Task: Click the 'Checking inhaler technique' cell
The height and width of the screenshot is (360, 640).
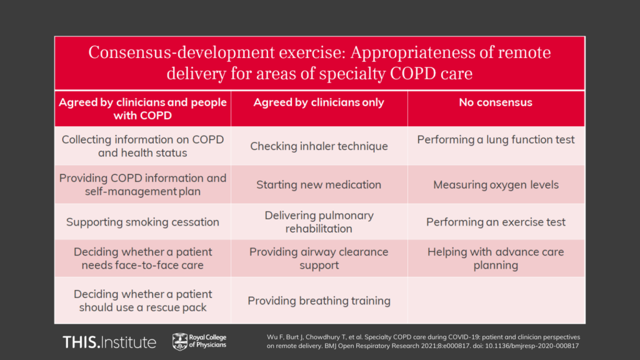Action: (319, 146)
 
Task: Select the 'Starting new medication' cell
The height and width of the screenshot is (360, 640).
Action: (319, 184)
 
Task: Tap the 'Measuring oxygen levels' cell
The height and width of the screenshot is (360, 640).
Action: (496, 184)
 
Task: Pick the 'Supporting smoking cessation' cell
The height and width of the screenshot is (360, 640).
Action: (142, 222)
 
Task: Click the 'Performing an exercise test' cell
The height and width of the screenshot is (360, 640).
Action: (496, 222)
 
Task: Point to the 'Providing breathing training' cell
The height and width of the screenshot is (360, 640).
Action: (319, 301)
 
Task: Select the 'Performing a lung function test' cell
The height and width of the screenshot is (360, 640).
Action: (496, 140)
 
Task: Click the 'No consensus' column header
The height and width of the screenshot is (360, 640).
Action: (496, 102)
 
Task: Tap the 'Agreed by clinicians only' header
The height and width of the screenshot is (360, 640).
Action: (319, 102)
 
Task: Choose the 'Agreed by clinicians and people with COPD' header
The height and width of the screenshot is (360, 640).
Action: (142, 109)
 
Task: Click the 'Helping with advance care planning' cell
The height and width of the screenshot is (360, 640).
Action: (496, 258)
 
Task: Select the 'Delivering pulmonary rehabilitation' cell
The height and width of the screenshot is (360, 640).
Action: (319, 222)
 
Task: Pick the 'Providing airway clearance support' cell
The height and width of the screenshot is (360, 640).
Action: (319, 258)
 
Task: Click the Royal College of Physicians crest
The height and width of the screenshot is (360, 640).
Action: (179, 341)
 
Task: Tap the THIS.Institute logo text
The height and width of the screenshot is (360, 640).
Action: (109, 342)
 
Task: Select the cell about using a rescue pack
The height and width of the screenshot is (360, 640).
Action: (142, 301)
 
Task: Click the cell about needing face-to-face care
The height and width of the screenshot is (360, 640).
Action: (142, 258)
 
